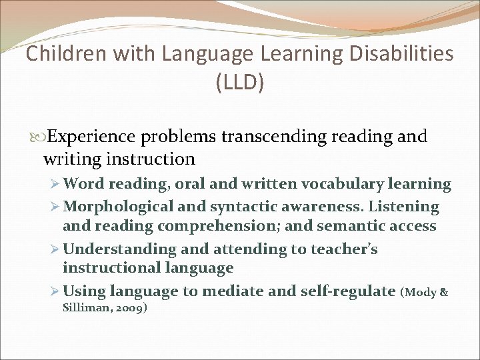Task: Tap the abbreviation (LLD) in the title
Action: [240, 83]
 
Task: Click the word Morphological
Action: [117, 207]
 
